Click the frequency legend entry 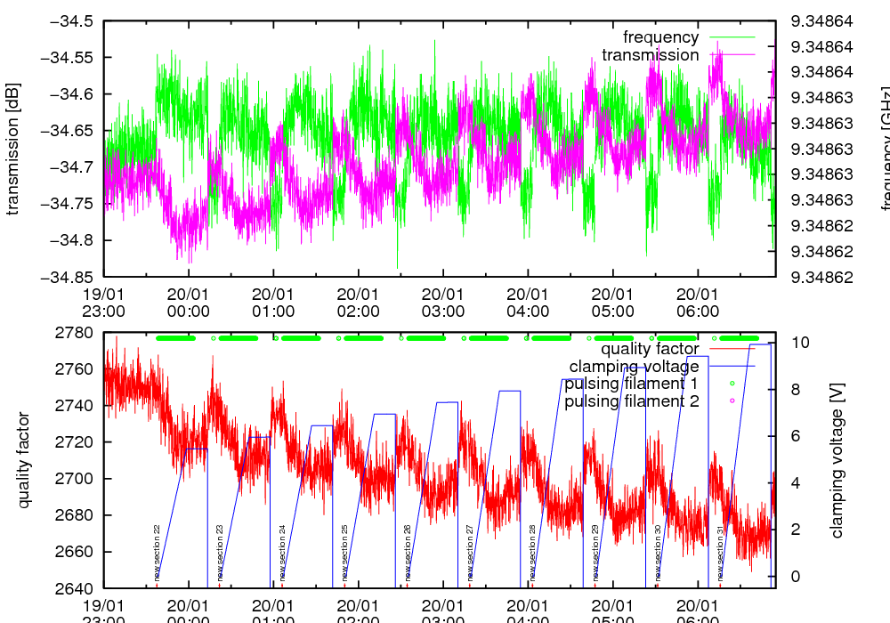click(x=660, y=37)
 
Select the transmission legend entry click(x=650, y=55)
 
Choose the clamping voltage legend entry click(x=634, y=366)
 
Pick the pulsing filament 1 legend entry click(x=630, y=384)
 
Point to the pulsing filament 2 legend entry click(x=630, y=401)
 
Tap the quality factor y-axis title click(x=24, y=460)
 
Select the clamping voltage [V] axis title click(x=837, y=460)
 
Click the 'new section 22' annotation click(x=158, y=552)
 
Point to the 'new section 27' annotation click(x=470, y=552)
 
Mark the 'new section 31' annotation click(x=721, y=552)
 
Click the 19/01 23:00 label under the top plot click(x=104, y=303)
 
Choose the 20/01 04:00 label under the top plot click(x=528, y=303)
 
